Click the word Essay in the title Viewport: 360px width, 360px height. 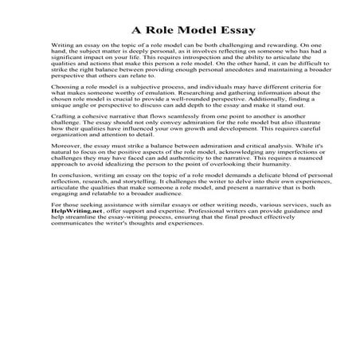point(231,31)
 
